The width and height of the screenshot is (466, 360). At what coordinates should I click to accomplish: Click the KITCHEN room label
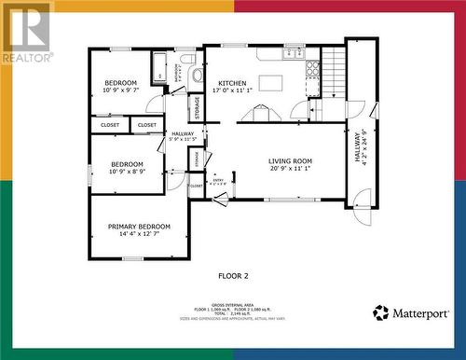[232, 83]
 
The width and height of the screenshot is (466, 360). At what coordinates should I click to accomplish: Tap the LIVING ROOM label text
[290, 161]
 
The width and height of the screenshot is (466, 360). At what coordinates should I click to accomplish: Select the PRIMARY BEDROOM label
[139, 227]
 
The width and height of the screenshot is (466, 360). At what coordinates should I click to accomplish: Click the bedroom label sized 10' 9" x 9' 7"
[120, 83]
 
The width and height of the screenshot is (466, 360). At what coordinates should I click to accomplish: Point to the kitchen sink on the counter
[289, 54]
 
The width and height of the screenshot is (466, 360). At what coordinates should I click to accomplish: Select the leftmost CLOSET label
[110, 124]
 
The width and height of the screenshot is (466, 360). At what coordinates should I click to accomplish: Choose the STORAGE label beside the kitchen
[197, 107]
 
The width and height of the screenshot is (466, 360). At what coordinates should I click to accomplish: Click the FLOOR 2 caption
[233, 276]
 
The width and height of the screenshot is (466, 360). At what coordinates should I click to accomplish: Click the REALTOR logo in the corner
[26, 32]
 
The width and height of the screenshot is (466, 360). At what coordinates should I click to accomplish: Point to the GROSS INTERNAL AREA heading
[233, 304]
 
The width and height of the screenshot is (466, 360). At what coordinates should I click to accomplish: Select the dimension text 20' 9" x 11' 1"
[290, 169]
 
